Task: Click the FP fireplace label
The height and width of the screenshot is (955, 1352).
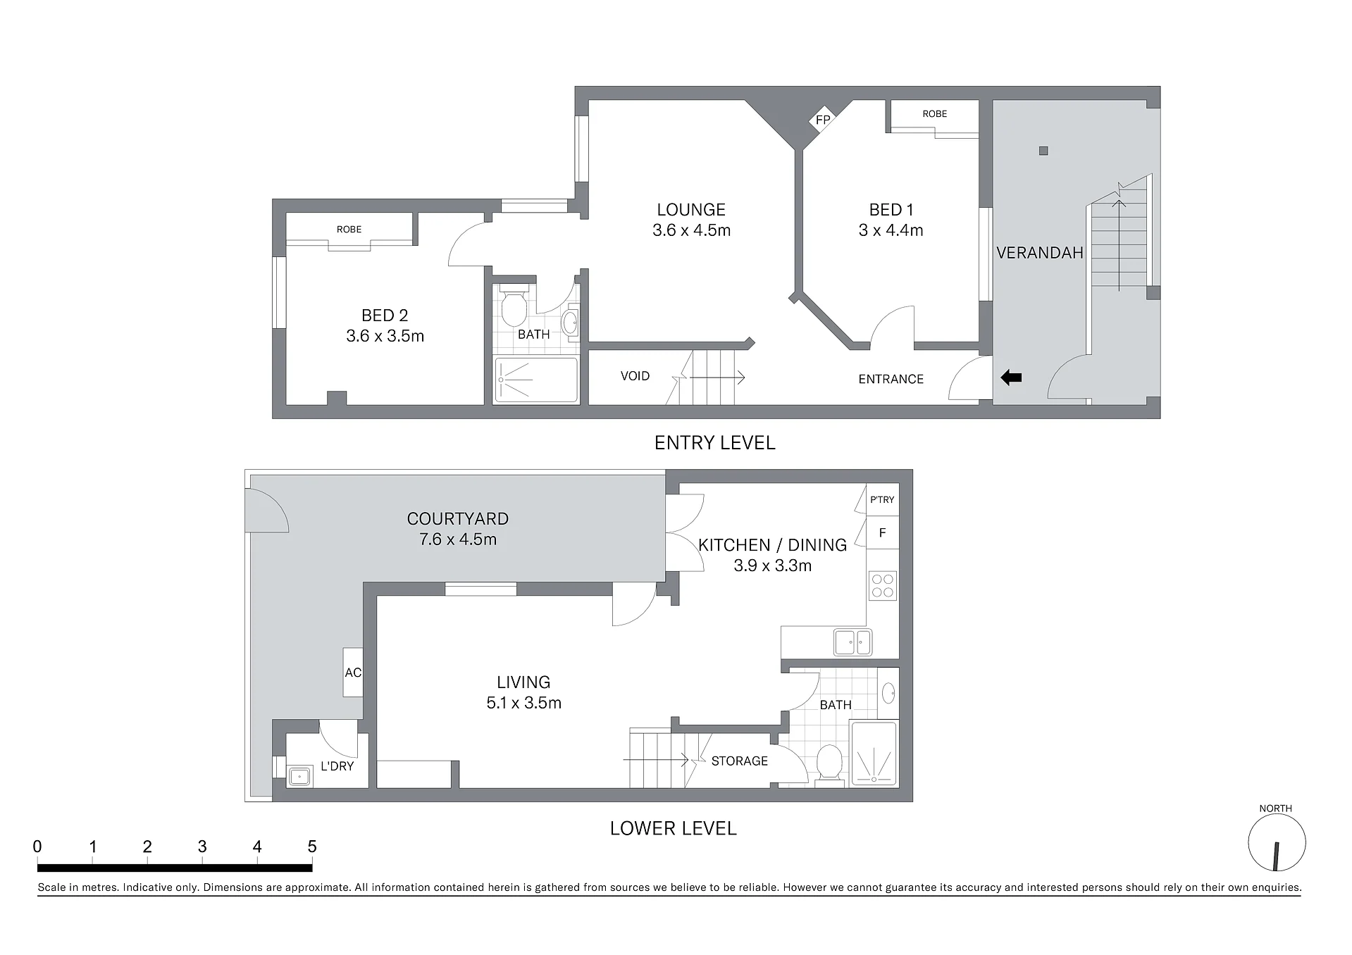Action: pyautogui.click(x=822, y=120)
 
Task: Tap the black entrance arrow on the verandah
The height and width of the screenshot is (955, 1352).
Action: pyautogui.click(x=1011, y=378)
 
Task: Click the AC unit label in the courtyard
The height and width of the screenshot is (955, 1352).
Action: pyautogui.click(x=353, y=673)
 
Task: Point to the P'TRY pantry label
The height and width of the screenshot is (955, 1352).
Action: pyautogui.click(x=882, y=499)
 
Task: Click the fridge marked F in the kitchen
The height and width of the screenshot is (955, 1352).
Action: pyautogui.click(x=882, y=533)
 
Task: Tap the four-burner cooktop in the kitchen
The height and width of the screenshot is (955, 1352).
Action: pyautogui.click(x=883, y=585)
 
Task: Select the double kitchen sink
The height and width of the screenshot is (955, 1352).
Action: pyautogui.click(x=853, y=642)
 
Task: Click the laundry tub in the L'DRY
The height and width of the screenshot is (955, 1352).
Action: pyautogui.click(x=300, y=776)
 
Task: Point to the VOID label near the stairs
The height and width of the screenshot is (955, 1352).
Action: pyautogui.click(x=635, y=376)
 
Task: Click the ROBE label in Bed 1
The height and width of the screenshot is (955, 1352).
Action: pyautogui.click(x=935, y=113)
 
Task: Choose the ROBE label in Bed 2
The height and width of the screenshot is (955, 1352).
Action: pyautogui.click(x=349, y=229)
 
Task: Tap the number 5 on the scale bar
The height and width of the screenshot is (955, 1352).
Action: pyautogui.click(x=312, y=847)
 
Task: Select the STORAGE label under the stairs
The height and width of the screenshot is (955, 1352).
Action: pyautogui.click(x=740, y=761)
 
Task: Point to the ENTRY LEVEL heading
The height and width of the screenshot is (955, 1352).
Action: pyautogui.click(x=714, y=442)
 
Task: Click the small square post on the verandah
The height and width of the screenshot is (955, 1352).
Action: pyautogui.click(x=1043, y=151)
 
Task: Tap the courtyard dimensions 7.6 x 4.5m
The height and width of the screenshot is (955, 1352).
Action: pyautogui.click(x=458, y=539)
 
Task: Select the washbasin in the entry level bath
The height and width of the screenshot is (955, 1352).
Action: pyautogui.click(x=570, y=323)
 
